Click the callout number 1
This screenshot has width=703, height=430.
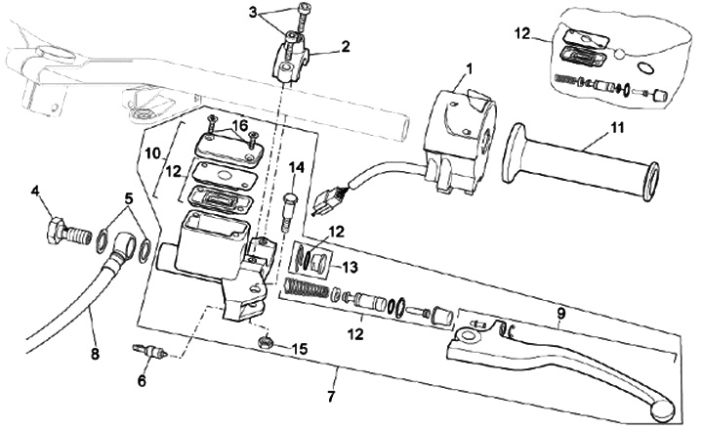(x=469, y=69)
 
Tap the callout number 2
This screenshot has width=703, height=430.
(x=346, y=47)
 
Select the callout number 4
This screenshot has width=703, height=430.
(x=35, y=192)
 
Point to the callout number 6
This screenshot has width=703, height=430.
(x=142, y=381)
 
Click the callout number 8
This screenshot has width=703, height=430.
(x=95, y=354)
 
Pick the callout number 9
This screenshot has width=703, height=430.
(x=561, y=314)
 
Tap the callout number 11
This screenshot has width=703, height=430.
(x=617, y=128)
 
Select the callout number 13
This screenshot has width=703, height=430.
(x=351, y=268)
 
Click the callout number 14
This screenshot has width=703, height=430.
(x=297, y=167)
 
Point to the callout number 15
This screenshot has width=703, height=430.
(x=300, y=349)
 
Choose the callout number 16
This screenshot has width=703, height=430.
(x=240, y=125)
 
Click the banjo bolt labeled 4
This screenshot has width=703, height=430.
(x=68, y=230)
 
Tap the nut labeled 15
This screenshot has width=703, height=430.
(x=266, y=343)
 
